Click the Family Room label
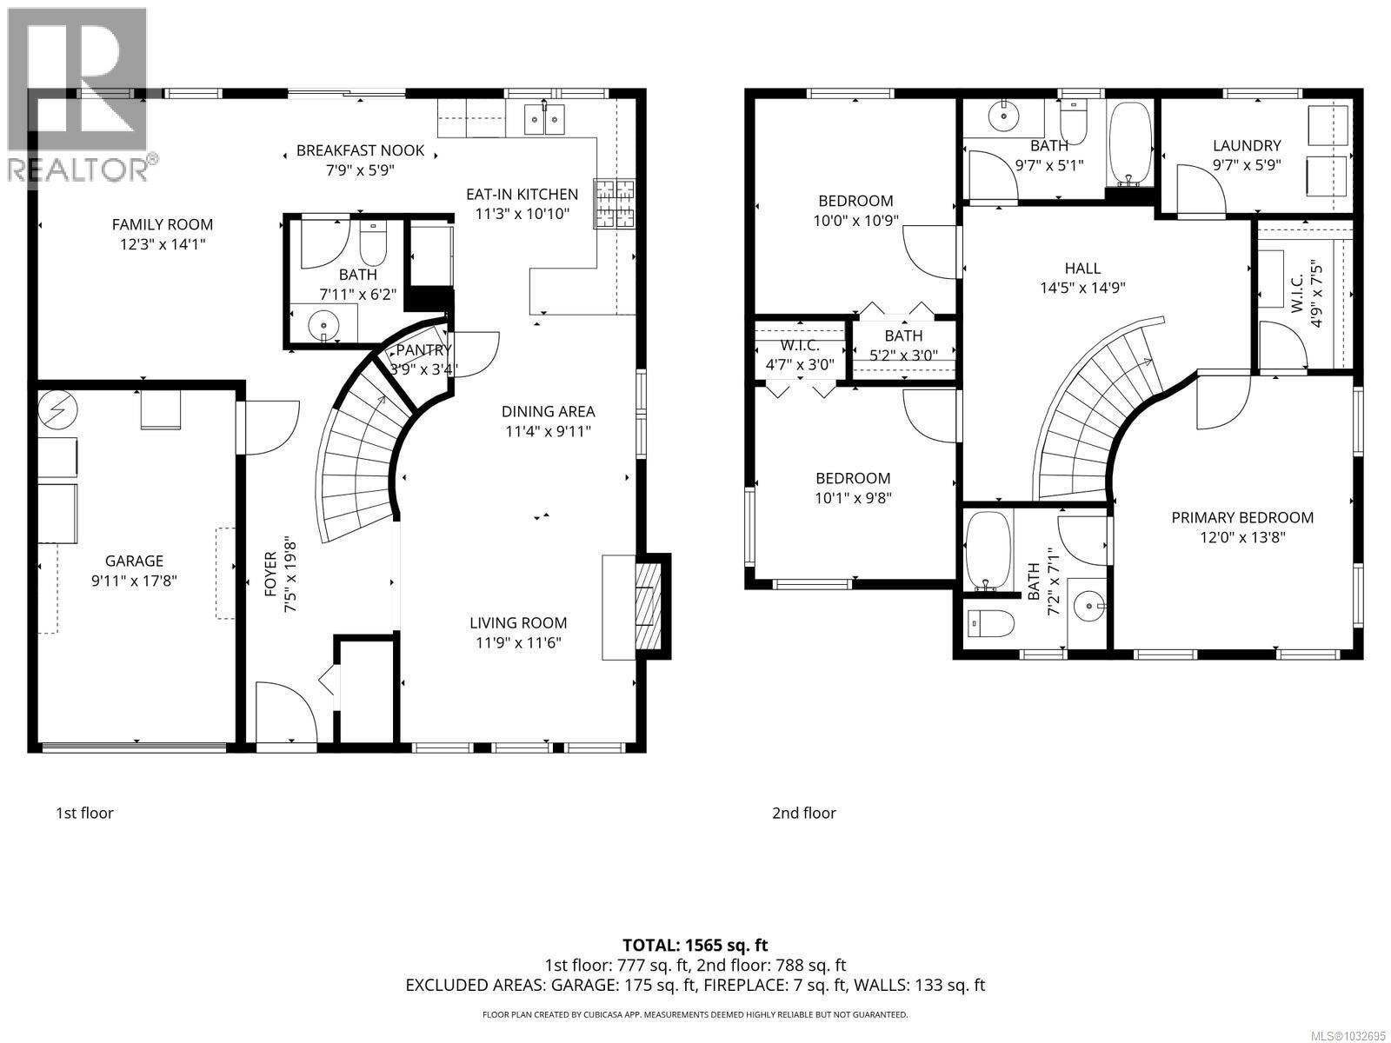coord(163,225)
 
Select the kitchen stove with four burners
coord(615,203)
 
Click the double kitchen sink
coord(545,121)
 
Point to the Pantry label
coord(423,350)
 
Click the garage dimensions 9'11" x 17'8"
coord(134,581)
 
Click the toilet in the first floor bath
coord(373,245)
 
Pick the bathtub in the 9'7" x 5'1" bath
coord(1130,143)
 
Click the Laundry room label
coord(1247,146)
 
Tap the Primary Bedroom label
coord(1242,518)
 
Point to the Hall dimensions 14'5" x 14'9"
coord(1082,289)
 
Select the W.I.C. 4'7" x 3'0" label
coord(800,355)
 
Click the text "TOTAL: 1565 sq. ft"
coord(695,945)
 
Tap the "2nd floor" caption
coord(804,814)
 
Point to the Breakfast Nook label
coord(360,150)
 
